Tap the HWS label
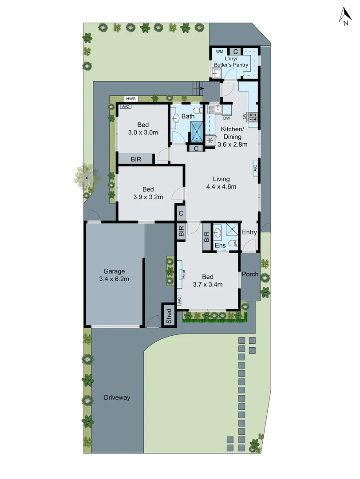pos(131,98)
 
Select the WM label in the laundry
pos(219,52)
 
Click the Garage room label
pos(114,275)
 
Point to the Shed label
pos(169,315)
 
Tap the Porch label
pos(250,274)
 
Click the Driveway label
pos(117,397)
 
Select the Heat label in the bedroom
pos(182,275)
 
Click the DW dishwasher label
pos(226,118)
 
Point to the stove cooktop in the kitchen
pos(253,117)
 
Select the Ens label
pos(220,245)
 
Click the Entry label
pos(249,232)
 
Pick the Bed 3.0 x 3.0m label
pos(143,128)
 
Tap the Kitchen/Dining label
pos(232,137)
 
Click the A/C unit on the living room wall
pos(255,169)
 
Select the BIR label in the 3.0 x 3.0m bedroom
pos(136,159)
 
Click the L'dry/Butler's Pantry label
pos(231,62)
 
